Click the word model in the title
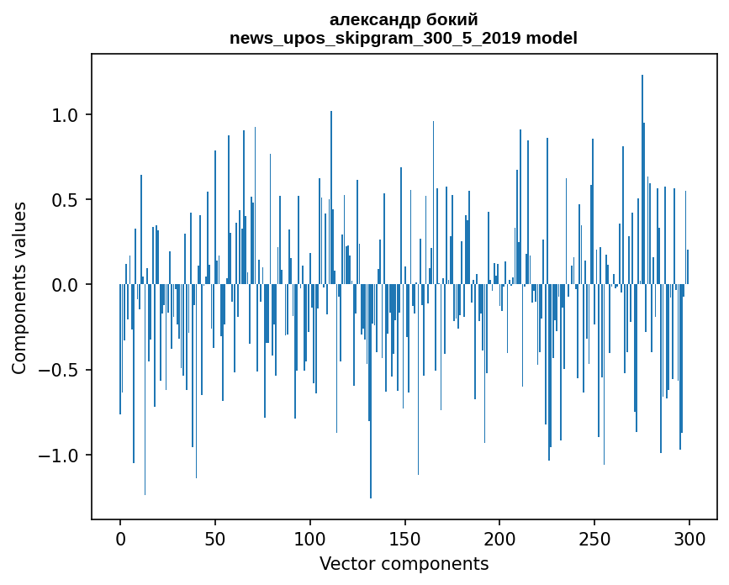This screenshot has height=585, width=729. coord(553,38)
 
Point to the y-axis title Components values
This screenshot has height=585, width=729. coord(19,287)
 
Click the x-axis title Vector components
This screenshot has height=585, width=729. coord(404,563)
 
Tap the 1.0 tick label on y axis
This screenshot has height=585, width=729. coord(66,114)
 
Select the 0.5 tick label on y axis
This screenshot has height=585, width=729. coord(66,200)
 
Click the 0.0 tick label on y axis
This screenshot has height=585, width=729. coord(66,285)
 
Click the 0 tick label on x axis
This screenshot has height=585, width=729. coord(120,538)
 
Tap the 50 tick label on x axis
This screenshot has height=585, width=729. coord(215,538)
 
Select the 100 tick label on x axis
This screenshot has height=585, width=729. coord(310,538)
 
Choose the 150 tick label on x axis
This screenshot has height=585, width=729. coord(404,538)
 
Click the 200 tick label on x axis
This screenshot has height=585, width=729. coord(499,538)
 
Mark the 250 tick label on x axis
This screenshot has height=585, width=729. coord(594,538)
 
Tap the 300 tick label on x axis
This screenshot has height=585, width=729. coord(689,538)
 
